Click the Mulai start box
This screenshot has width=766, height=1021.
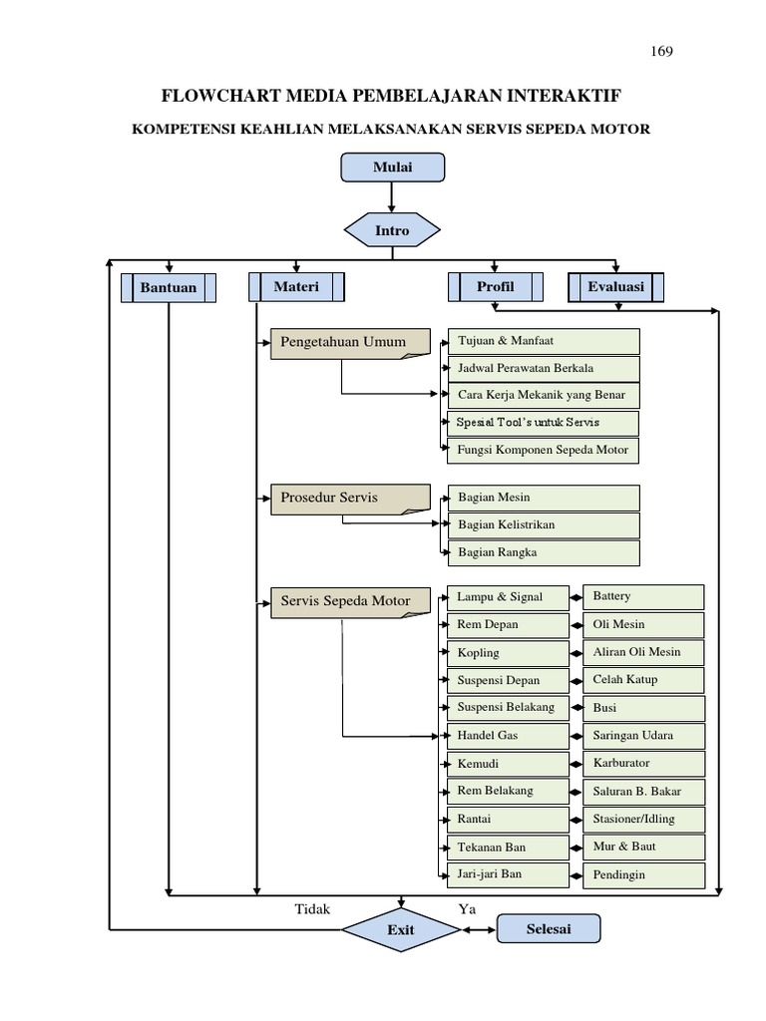tap(392, 168)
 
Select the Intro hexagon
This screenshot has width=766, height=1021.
tap(392, 230)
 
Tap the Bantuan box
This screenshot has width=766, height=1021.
tap(169, 288)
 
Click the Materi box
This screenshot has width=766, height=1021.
tap(296, 287)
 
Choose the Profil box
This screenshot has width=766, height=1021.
tap(496, 287)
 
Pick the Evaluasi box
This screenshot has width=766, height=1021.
tap(616, 287)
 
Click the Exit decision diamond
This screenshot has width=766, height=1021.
tap(401, 930)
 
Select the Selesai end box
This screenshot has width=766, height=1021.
tap(549, 929)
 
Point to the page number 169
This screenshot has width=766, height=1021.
tap(660, 52)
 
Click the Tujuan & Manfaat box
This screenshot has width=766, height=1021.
tap(544, 341)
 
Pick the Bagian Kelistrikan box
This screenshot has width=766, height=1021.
tap(544, 524)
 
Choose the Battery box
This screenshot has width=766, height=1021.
tap(643, 596)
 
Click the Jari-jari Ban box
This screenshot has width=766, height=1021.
tap(508, 874)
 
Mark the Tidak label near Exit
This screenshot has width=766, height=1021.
tap(312, 908)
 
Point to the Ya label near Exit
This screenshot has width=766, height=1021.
tap(467, 908)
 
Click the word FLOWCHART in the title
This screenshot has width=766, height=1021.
tap(221, 96)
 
